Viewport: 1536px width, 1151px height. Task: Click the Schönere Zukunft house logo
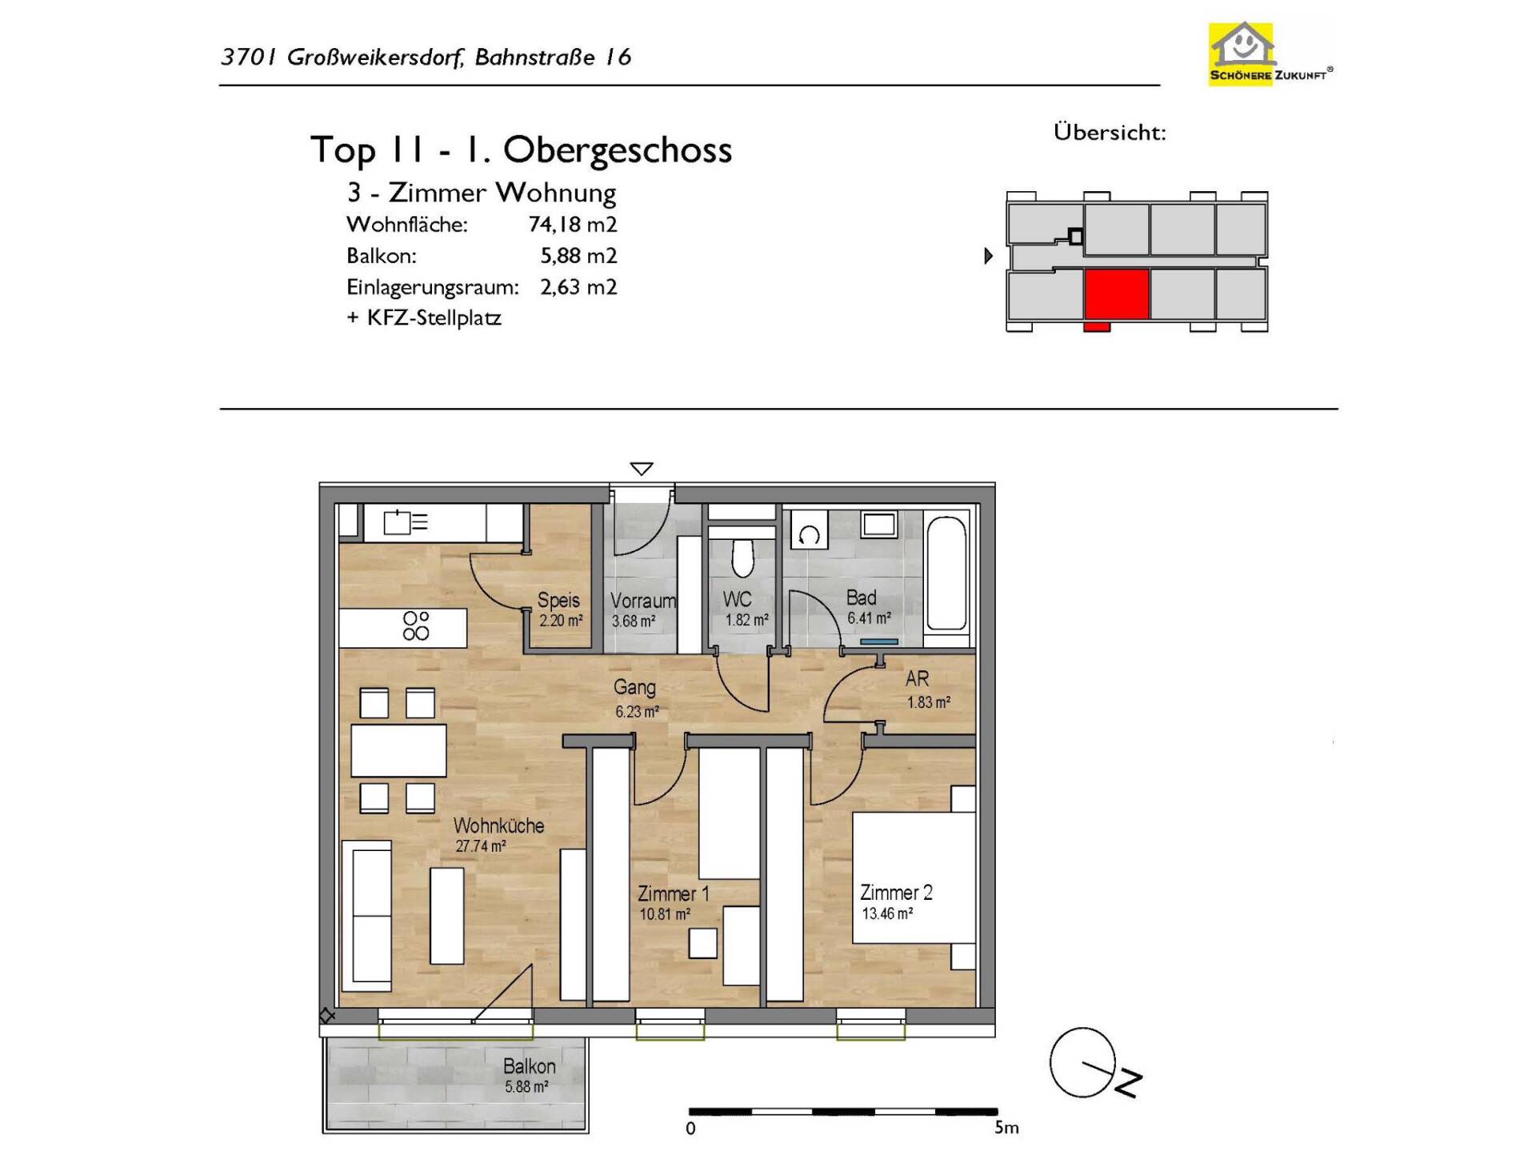(x=1270, y=53)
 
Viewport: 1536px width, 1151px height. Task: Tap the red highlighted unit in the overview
(x=1116, y=295)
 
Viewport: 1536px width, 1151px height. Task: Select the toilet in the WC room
(x=742, y=556)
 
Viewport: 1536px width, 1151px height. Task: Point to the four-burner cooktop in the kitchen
(x=416, y=625)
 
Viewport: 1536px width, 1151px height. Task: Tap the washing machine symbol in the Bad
(x=809, y=534)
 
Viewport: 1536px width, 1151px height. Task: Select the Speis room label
(x=558, y=600)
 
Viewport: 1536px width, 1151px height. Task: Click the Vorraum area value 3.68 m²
(x=634, y=621)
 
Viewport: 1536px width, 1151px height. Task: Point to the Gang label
(x=634, y=687)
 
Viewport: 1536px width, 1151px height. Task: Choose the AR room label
(x=917, y=678)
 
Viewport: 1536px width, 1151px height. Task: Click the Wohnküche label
(x=498, y=825)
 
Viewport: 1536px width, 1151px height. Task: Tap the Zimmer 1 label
(x=674, y=893)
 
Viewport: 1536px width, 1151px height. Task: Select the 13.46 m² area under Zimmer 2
(x=887, y=913)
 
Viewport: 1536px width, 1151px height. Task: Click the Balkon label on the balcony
(x=529, y=1066)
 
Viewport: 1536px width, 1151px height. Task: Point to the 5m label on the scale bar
(x=1006, y=1128)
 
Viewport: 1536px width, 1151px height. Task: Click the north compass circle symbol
(x=1082, y=1062)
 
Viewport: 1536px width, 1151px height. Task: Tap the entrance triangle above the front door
(x=642, y=469)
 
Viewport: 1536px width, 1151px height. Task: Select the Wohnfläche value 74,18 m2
(x=573, y=225)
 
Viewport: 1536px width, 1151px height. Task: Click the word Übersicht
(x=1110, y=132)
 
